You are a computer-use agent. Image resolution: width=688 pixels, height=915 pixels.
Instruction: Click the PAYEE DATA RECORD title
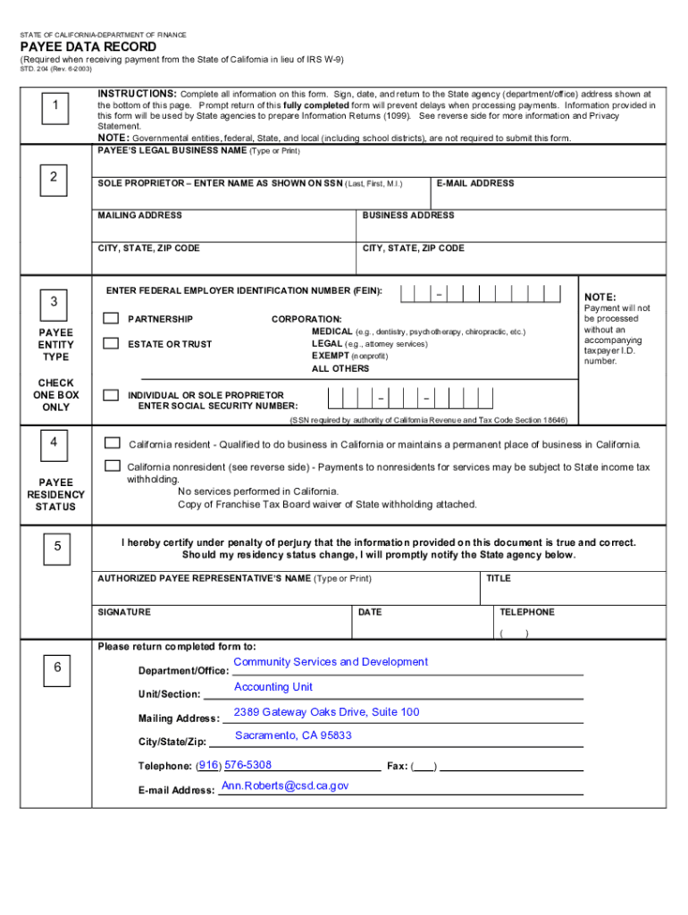88,46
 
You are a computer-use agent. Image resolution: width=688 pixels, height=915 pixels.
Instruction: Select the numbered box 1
55,107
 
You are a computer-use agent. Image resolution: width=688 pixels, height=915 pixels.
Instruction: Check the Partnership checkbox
111,318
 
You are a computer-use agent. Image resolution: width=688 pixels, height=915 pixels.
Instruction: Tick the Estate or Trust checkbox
111,343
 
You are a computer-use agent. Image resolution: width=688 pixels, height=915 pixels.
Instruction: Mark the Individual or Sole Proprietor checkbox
111,395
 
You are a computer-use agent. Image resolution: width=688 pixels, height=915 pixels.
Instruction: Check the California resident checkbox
112,443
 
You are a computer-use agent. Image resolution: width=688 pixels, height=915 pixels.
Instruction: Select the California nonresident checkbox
112,466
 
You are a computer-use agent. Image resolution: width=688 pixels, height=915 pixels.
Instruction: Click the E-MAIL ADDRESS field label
475,183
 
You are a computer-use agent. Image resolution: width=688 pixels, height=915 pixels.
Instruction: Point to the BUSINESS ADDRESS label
408,215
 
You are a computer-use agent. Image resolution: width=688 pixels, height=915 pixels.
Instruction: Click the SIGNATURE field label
124,612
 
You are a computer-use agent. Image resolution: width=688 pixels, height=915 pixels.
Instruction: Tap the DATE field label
370,612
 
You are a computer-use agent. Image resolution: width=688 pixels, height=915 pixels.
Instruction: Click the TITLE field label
499,578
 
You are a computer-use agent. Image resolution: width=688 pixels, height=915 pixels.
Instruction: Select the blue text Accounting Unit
273,687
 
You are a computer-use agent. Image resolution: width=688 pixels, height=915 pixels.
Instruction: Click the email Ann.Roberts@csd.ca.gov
285,786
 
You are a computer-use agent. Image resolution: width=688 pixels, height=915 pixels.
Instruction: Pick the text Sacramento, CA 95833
293,735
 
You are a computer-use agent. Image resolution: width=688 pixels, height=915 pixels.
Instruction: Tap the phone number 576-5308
248,765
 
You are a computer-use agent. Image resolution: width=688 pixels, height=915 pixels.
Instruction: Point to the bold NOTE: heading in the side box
600,297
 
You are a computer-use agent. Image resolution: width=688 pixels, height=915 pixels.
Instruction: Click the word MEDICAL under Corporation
331,332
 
